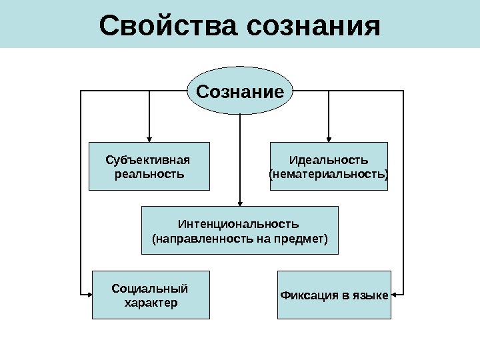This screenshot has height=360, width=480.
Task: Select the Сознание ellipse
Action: coord(240,91)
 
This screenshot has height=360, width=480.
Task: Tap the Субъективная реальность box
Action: coord(149,166)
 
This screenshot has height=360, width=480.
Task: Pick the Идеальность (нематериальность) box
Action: coord(328,166)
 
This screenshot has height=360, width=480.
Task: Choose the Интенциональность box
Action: coord(240,230)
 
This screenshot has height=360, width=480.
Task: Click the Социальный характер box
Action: coord(150,295)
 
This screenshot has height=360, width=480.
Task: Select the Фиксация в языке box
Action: coord(334,295)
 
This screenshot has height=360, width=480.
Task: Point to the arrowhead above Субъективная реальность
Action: coord(149,137)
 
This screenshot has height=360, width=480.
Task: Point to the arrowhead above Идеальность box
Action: coord(328,137)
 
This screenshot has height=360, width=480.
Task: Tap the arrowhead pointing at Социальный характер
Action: coord(87,294)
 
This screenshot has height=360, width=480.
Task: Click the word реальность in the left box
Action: coord(149,174)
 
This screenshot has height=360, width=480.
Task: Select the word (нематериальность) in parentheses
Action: coord(328,174)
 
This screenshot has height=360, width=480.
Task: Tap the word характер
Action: coord(151,303)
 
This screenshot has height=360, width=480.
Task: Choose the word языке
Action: coord(373,295)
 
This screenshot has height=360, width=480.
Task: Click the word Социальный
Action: coord(150,288)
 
